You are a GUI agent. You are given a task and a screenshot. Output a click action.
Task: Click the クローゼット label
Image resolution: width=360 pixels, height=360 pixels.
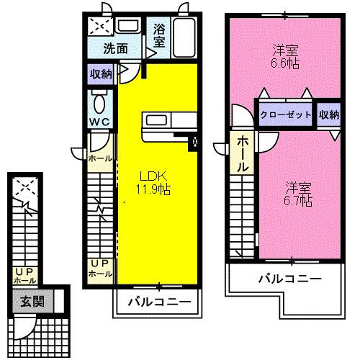(285, 114)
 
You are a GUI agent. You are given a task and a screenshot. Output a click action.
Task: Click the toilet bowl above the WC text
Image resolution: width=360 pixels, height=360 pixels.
(99, 99)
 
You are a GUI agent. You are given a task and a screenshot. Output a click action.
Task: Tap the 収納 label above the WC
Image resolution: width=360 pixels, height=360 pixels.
(101, 73)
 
